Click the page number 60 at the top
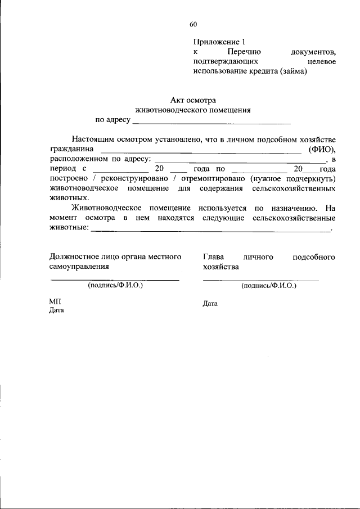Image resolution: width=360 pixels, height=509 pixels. point(193,24)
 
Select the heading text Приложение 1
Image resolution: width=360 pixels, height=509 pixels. point(219,42)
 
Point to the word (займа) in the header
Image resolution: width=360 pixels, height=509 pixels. point(292,71)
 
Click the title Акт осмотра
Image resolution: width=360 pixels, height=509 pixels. point(193,100)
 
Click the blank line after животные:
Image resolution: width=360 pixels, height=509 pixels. point(210,229)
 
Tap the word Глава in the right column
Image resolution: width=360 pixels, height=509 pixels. point(214,257)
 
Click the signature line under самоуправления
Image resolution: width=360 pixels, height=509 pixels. point(115,279)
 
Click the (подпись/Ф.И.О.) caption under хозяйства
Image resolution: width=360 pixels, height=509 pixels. point(268,286)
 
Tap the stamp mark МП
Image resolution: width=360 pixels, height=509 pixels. point(55,302)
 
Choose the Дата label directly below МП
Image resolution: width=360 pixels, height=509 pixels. point(56,310)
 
